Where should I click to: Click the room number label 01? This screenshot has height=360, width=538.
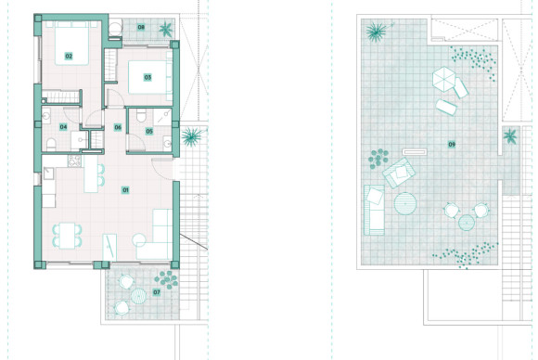click(x=125, y=189)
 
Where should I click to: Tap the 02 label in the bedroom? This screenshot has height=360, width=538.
click(x=69, y=56)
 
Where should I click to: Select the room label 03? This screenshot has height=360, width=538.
click(x=147, y=77)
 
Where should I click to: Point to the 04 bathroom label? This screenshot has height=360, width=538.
click(x=63, y=126)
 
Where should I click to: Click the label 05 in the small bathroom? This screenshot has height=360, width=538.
click(x=149, y=132)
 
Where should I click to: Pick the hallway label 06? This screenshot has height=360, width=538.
click(x=119, y=127)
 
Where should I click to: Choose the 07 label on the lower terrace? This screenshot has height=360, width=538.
click(x=157, y=292)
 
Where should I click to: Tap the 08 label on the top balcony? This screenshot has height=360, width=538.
click(x=141, y=28)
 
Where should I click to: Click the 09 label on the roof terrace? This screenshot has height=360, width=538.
click(x=452, y=144)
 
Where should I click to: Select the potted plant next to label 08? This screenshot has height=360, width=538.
click(x=166, y=29)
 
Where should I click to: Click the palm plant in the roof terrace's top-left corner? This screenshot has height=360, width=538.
click(x=376, y=33)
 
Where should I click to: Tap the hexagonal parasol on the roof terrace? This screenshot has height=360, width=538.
click(x=445, y=80)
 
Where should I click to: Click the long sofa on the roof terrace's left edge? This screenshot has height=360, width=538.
click(x=374, y=208)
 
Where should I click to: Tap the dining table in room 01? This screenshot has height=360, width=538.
click(x=69, y=235)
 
